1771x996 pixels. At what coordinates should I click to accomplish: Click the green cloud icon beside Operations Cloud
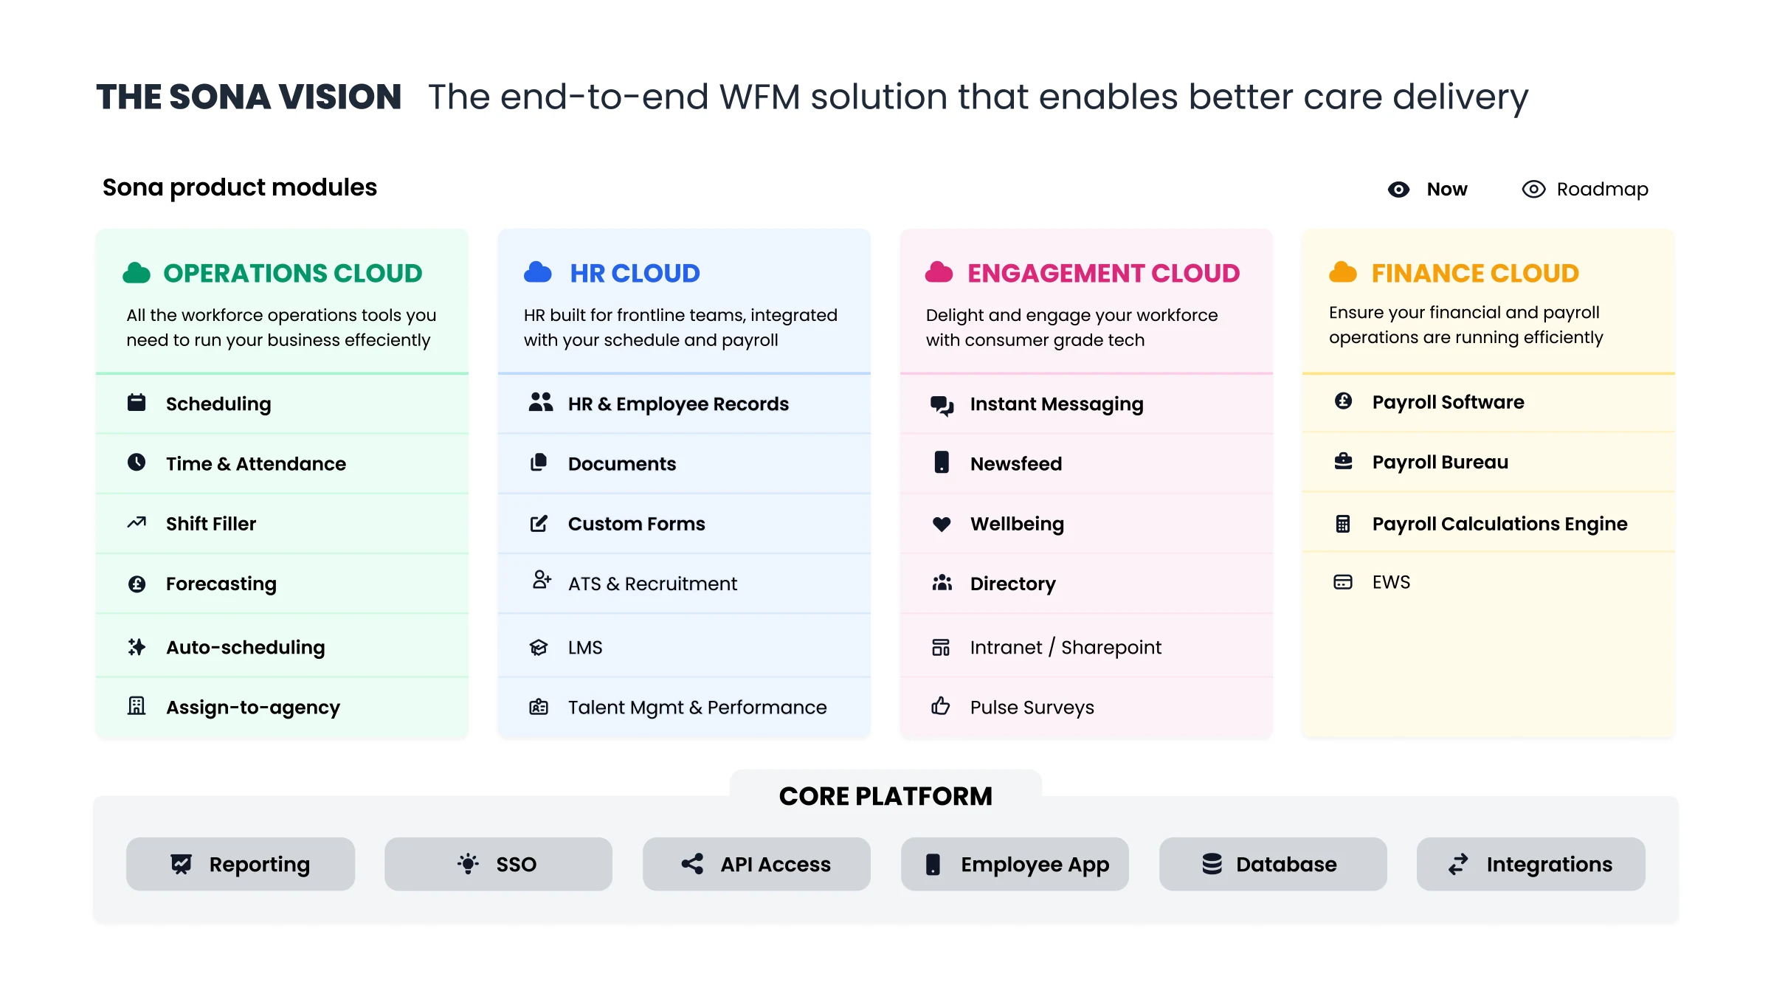point(137,273)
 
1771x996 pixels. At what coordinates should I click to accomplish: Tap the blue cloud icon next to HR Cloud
point(538,272)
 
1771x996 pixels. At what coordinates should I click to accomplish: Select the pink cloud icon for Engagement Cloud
point(939,272)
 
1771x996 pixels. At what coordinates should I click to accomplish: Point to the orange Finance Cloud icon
point(1343,272)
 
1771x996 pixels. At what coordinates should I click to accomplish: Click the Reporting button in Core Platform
point(241,864)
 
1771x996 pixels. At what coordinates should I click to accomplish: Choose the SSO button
point(498,864)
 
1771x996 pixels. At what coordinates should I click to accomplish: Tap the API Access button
point(756,864)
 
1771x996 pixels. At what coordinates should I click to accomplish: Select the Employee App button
point(1015,864)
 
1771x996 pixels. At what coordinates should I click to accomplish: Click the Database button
point(1273,864)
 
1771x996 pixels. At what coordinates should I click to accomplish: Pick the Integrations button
point(1531,864)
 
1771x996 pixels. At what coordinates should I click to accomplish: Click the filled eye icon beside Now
point(1398,190)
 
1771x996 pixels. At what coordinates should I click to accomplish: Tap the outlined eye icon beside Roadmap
point(1533,190)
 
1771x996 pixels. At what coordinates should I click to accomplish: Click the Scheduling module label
point(218,404)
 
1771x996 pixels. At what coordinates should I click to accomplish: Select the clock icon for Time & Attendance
point(137,463)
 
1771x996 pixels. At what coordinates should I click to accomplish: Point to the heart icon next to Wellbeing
point(942,524)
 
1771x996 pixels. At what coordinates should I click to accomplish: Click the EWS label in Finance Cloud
point(1391,582)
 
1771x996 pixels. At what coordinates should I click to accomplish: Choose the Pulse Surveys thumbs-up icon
point(941,706)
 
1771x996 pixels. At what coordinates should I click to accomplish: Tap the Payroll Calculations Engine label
point(1499,524)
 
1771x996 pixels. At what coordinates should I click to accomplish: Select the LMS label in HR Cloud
point(585,648)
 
